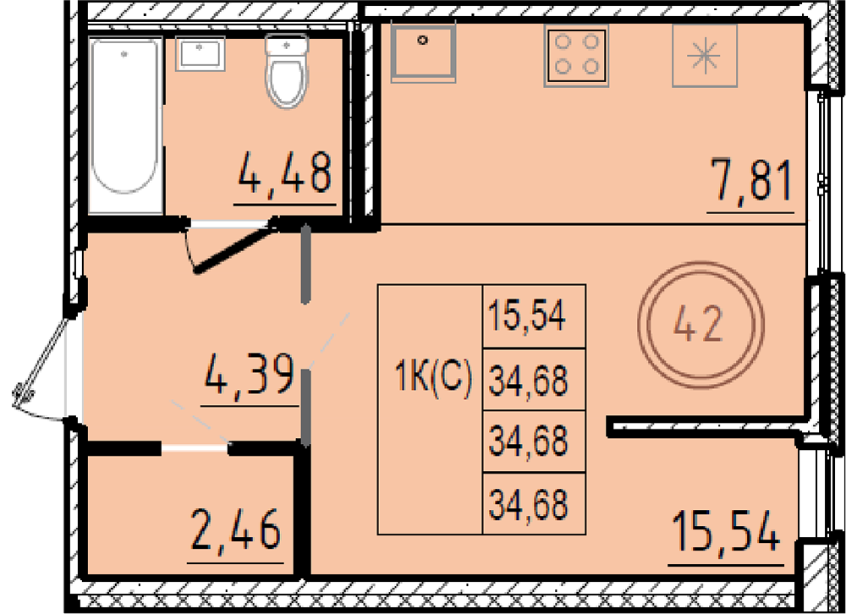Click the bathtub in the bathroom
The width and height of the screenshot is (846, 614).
(x=125, y=124)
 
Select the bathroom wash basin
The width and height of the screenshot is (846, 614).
(x=201, y=53)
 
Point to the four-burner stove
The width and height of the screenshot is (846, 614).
(x=577, y=56)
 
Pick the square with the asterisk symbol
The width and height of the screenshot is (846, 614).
(x=705, y=56)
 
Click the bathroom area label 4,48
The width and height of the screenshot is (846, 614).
(x=284, y=173)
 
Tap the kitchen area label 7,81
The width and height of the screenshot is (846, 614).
(x=751, y=179)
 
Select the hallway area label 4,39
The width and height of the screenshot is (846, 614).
(x=250, y=373)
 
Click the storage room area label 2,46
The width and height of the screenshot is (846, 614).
(x=236, y=529)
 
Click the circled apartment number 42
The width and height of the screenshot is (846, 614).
(x=700, y=324)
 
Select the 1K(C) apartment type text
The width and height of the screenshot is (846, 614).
(x=433, y=376)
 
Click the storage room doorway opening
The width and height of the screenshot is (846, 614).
(x=195, y=448)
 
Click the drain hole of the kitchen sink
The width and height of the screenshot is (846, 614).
(x=423, y=40)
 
